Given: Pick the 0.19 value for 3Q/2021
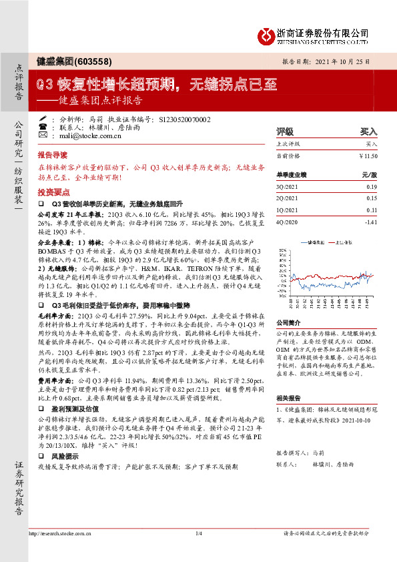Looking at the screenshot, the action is (x=371, y=187).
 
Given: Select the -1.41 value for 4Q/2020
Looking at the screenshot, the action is (x=370, y=221).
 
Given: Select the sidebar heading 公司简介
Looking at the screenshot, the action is (x=290, y=322).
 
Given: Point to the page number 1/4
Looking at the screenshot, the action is (x=198, y=533).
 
